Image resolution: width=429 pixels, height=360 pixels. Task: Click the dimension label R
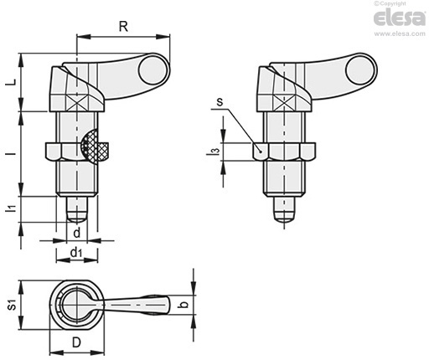click(x=123, y=27)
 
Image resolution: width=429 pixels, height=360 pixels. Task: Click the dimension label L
click(x=11, y=82)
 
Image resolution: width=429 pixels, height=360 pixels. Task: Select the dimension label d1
click(x=76, y=253)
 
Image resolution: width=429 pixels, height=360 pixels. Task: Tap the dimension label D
click(x=76, y=342)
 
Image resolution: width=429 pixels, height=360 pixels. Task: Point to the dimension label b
click(x=184, y=304)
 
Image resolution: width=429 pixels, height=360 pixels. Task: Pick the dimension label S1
click(x=12, y=304)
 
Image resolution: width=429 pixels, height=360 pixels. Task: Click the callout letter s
click(x=220, y=102)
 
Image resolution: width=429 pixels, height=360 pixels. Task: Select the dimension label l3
click(x=214, y=152)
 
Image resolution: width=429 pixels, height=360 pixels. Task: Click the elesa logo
click(x=400, y=18)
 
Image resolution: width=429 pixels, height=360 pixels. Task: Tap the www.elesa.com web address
click(x=400, y=33)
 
